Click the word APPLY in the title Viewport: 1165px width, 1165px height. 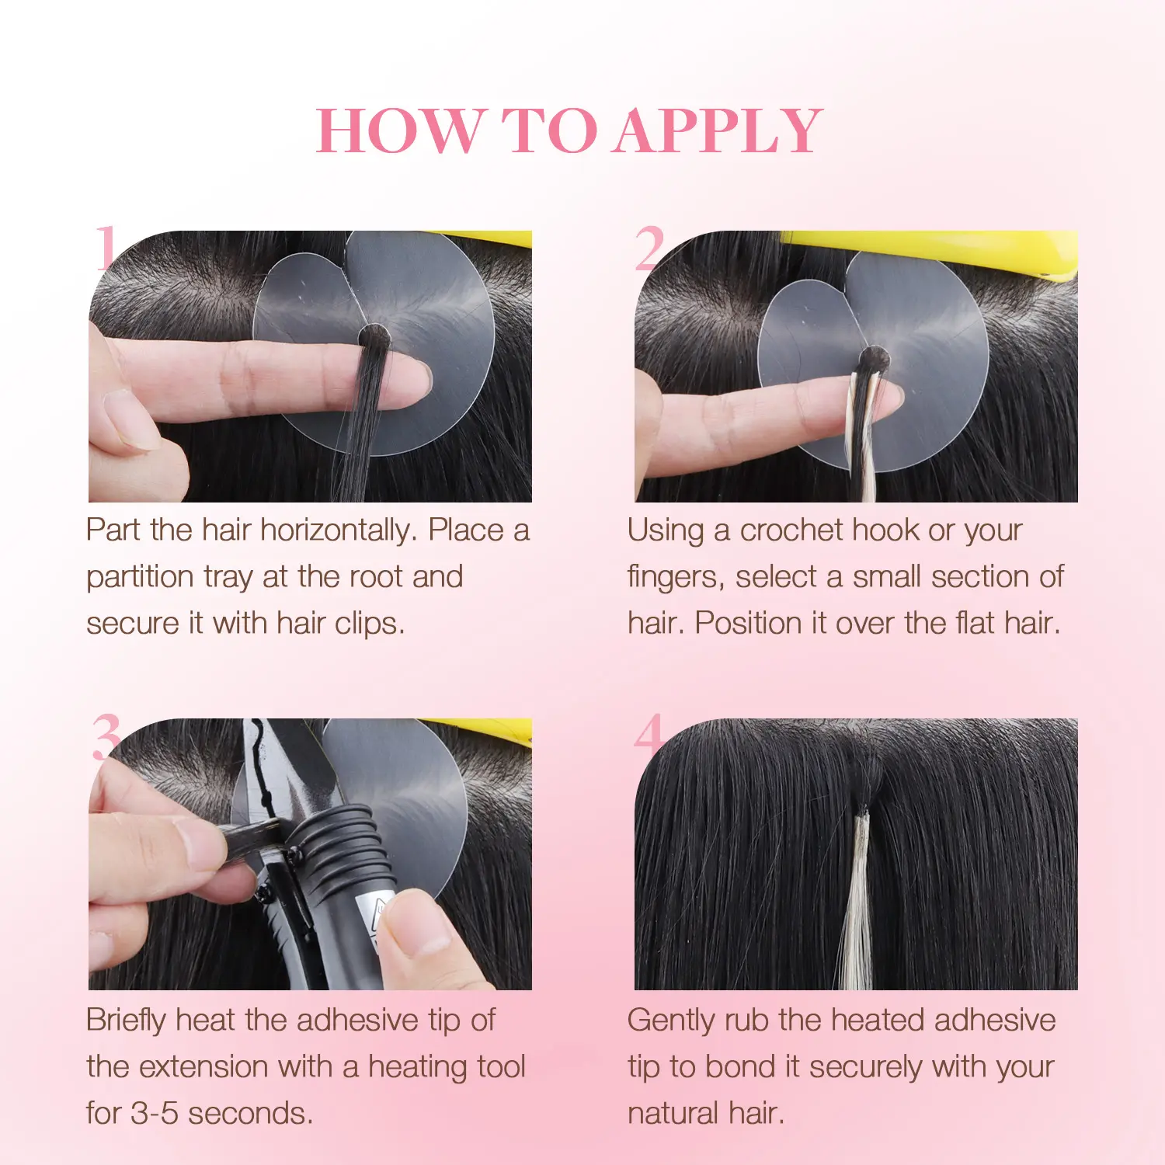click(x=718, y=130)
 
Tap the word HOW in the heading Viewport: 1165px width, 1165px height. click(x=400, y=130)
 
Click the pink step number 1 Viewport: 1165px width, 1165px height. click(x=106, y=248)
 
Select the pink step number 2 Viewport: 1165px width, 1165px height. click(x=649, y=248)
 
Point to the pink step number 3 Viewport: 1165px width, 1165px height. click(x=106, y=737)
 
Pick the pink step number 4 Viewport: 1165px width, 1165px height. click(x=649, y=735)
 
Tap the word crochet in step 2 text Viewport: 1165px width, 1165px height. click(x=791, y=530)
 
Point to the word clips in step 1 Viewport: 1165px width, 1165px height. click(x=370, y=624)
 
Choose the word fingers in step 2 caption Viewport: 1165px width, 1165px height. click(x=676, y=578)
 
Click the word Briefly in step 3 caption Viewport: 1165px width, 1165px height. click(x=127, y=1021)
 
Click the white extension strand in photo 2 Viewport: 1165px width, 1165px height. click(x=863, y=435)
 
